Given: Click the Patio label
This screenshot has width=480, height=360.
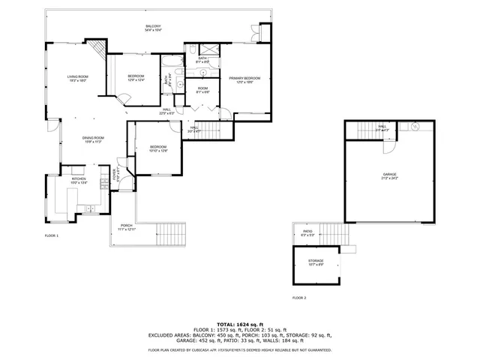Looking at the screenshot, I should point(307,232).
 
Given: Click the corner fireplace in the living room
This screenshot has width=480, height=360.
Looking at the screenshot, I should point(96,53).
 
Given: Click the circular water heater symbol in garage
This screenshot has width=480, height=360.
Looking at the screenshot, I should point(413,127).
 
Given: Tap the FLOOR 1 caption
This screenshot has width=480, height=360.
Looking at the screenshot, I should point(52,235).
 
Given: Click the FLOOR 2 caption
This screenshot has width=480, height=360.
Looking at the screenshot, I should point(299,298).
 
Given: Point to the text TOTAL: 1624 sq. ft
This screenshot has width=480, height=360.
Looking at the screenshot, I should point(239,323).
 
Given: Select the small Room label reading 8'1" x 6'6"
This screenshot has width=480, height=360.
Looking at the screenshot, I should point(202,90).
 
